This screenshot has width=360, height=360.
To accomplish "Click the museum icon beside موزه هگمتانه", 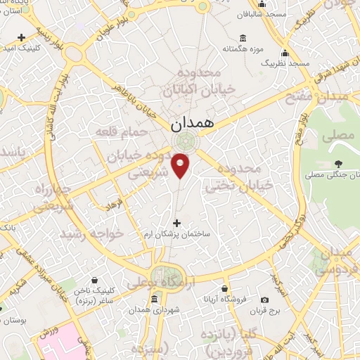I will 243,38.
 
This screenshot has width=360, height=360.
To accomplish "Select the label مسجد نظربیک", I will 285,63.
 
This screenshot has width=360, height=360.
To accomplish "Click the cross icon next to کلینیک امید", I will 22,37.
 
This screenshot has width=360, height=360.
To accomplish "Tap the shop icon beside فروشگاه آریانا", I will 224,288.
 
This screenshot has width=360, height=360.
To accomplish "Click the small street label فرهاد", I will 115,205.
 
